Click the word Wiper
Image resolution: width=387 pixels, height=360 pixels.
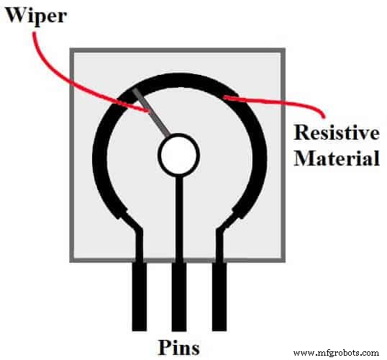(37, 14)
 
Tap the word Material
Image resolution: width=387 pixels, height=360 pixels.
(337, 157)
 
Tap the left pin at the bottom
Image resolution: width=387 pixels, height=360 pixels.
(139, 295)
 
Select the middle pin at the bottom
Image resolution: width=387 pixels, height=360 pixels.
(178, 295)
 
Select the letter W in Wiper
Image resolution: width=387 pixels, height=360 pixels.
(15, 14)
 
